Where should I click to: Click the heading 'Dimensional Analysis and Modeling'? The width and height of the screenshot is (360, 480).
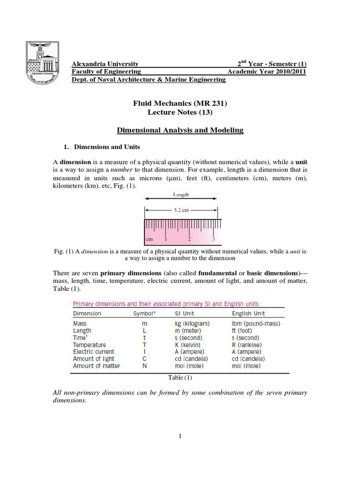(x=180, y=130)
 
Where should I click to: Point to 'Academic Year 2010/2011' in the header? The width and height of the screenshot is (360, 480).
(x=267, y=72)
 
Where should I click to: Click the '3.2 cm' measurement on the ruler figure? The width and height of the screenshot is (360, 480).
(x=180, y=210)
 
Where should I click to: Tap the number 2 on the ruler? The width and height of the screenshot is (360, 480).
(x=189, y=239)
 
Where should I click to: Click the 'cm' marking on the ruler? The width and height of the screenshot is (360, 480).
(x=150, y=239)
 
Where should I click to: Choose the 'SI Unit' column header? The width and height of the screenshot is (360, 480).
(x=187, y=314)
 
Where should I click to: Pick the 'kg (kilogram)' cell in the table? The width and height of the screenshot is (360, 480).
(x=193, y=323)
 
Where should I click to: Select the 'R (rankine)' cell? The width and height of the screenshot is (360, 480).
(x=247, y=345)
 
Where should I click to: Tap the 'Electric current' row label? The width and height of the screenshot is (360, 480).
(x=93, y=352)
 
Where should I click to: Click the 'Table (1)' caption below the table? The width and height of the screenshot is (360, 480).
(x=180, y=377)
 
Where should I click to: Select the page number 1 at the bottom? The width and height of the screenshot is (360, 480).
(x=180, y=436)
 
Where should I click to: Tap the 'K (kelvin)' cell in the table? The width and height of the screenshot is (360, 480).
(x=187, y=345)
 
